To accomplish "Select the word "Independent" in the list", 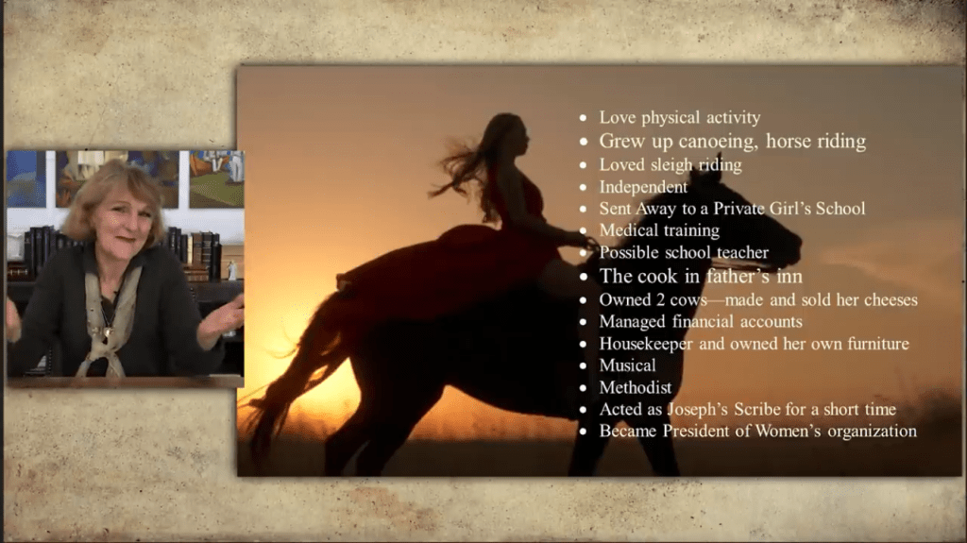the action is pyautogui.click(x=643, y=187).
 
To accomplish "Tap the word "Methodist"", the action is pyautogui.click(x=636, y=387).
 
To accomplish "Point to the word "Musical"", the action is pyautogui.click(x=627, y=365).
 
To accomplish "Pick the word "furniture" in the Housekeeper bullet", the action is pyautogui.click(x=878, y=344).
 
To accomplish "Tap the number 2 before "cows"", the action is pyautogui.click(x=660, y=300).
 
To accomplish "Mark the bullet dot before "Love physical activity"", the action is pyautogui.click(x=583, y=117).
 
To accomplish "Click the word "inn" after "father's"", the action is pyautogui.click(x=789, y=277).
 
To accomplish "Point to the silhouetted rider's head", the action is pyautogui.click(x=510, y=132).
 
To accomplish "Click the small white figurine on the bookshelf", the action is pyautogui.click(x=232, y=270).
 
